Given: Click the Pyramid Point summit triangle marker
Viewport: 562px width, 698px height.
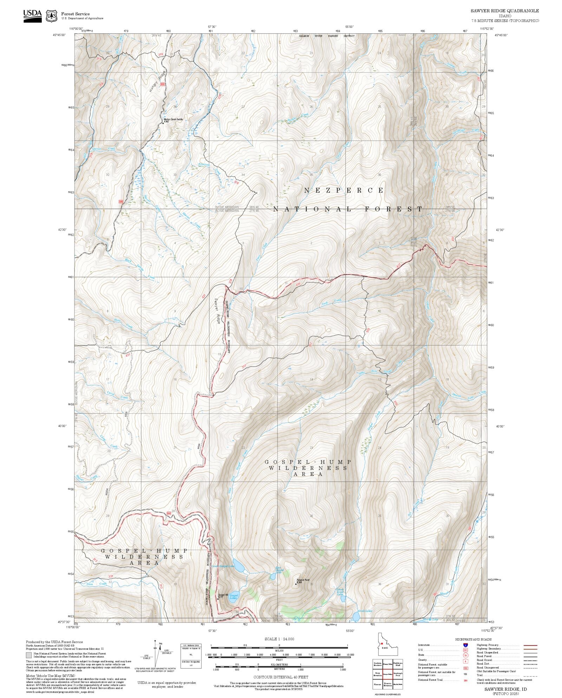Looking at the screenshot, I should click(x=296, y=584).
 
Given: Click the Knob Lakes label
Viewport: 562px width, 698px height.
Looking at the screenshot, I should click(x=365, y=611).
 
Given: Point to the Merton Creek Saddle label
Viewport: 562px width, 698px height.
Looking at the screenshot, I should click(x=173, y=119).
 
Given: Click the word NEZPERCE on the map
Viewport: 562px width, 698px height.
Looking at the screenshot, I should click(x=344, y=190).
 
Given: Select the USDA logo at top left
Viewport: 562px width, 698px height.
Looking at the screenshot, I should click(x=32, y=16).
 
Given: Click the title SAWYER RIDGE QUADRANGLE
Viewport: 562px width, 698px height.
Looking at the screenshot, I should click(x=505, y=11).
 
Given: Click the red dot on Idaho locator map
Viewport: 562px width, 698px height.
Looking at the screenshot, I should click(x=381, y=644).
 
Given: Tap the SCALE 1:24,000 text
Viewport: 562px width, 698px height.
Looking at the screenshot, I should click(x=279, y=639).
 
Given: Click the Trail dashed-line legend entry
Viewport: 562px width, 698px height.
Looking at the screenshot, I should click(x=530, y=675).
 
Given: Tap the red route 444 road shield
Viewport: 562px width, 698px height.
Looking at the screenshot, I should click(x=169, y=513).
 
